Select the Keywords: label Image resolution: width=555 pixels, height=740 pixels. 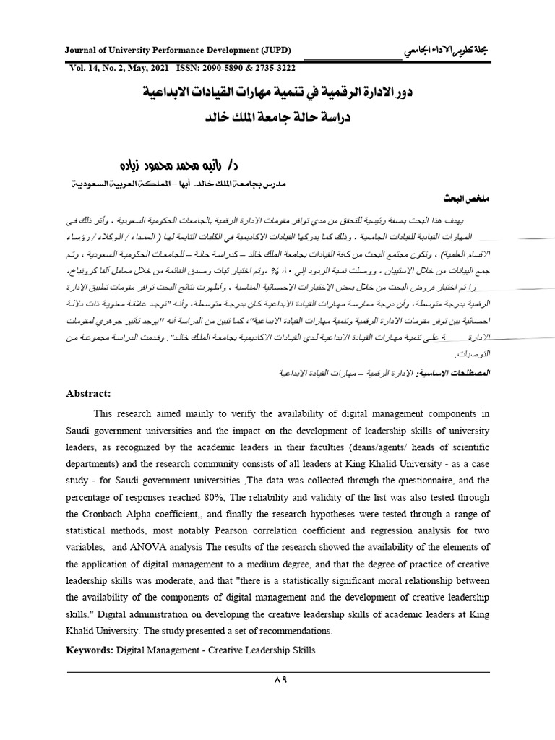point(89,650)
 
